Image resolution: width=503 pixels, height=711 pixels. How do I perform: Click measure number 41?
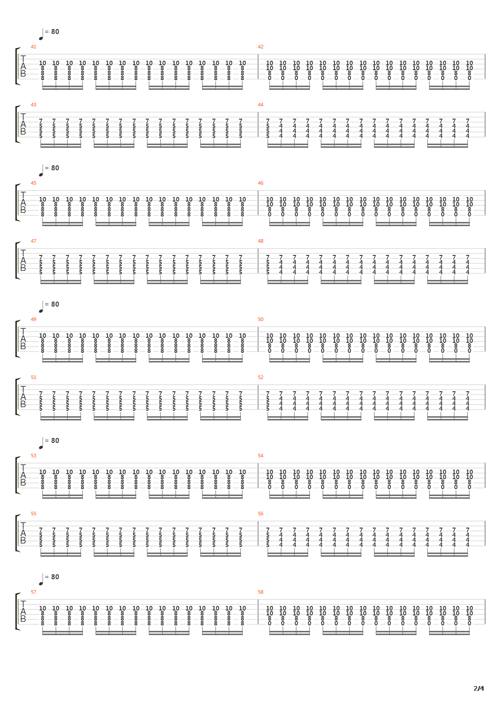(x=34, y=47)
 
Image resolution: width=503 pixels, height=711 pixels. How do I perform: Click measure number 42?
(x=261, y=47)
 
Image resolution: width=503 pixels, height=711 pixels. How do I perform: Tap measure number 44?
(x=261, y=105)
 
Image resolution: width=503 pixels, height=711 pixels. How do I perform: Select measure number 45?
(x=34, y=183)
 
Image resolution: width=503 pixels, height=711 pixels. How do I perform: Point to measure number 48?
(x=261, y=241)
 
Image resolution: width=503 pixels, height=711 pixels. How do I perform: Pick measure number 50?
(x=261, y=319)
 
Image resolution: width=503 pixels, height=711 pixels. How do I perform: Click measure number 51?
(x=34, y=377)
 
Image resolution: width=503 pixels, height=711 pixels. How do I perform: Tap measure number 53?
(x=34, y=456)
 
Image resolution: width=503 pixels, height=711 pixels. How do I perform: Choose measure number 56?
(x=261, y=514)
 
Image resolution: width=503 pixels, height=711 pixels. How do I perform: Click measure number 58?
(x=261, y=592)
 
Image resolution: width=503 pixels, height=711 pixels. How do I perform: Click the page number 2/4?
(x=479, y=688)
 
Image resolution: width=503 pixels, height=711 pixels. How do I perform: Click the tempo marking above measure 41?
(x=49, y=34)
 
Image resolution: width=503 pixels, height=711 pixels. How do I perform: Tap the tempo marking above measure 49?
(x=49, y=307)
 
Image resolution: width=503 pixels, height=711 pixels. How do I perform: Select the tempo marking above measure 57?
(x=49, y=579)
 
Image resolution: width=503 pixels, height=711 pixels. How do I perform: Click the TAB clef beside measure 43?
(x=23, y=124)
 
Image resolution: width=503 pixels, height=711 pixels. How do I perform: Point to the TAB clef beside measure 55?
(x=23, y=533)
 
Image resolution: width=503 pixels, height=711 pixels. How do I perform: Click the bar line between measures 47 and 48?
(x=258, y=261)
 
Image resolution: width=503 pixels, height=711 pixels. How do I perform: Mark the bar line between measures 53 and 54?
(x=258, y=476)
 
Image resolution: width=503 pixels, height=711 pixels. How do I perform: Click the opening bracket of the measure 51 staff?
(x=18, y=397)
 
